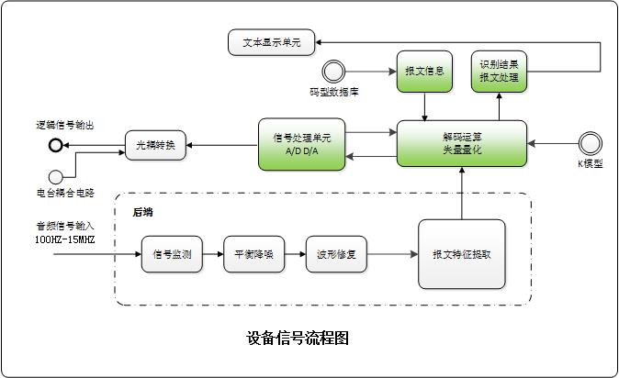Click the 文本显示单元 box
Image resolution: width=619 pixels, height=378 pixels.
270,41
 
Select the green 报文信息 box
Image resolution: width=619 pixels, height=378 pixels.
424,72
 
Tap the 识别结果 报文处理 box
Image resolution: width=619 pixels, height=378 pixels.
499,72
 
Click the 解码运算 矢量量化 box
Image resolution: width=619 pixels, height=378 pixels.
461,144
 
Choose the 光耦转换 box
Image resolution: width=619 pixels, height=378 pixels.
155,144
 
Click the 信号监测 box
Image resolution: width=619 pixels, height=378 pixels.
171,254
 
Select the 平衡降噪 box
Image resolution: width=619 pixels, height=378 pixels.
250,254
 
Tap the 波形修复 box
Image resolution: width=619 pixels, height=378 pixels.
331,254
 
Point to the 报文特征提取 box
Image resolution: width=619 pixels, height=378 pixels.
461,254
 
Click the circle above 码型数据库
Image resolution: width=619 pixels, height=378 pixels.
332,71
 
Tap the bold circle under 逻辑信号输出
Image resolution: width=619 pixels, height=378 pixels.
57,145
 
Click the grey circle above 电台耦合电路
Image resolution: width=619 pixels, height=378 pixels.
57,176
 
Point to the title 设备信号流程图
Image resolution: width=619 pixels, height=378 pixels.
298,338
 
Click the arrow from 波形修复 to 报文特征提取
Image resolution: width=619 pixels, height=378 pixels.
393,254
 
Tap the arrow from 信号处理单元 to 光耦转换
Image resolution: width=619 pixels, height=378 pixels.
222,144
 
